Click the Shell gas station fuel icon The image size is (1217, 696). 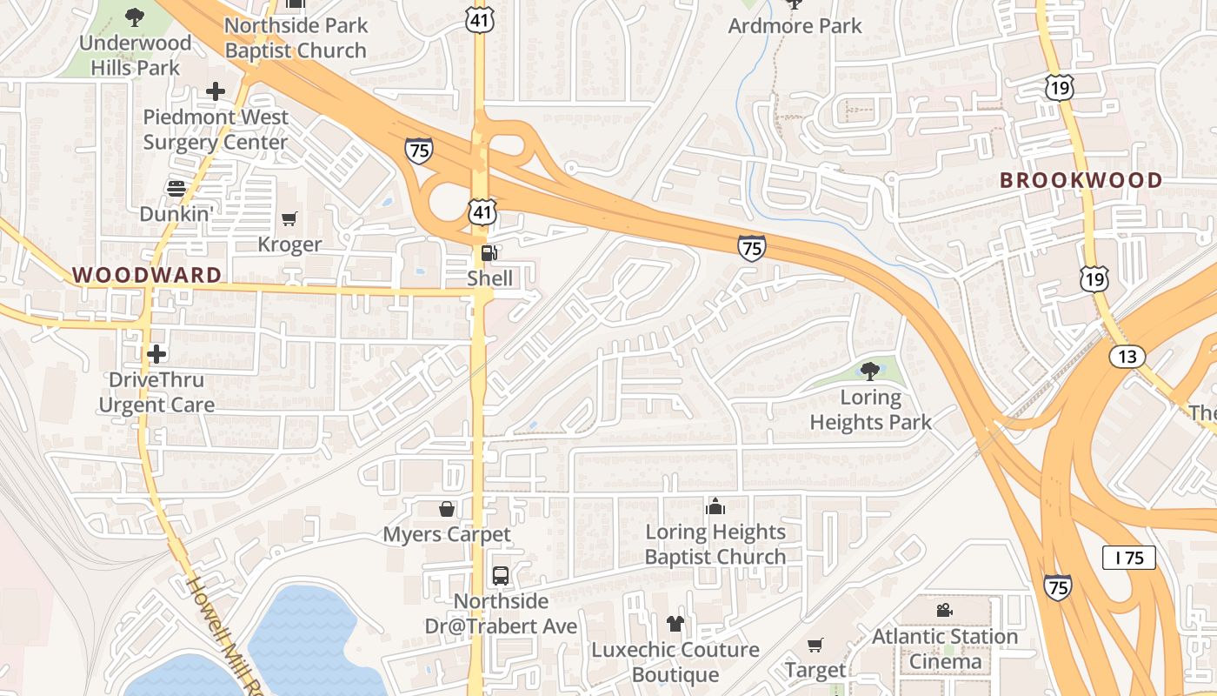coord(489,253)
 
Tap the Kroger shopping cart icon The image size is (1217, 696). coord(289,219)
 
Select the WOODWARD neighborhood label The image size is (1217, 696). coord(147,275)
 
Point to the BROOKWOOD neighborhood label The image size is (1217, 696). coord(1081,180)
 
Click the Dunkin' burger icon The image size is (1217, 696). coord(176,188)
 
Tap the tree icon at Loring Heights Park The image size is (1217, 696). coord(869,371)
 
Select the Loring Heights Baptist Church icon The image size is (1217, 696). coord(715,506)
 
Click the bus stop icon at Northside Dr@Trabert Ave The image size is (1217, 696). coord(501,575)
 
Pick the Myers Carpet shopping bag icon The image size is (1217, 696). coord(447,508)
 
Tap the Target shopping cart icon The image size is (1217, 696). coord(815,645)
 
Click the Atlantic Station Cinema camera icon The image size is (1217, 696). coord(944,611)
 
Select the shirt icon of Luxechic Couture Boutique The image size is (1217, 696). coord(675,624)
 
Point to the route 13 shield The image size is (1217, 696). coord(1127,356)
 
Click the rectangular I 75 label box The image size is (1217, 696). coord(1128,558)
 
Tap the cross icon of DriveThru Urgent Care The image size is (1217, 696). coord(156,354)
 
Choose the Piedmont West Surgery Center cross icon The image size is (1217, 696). coord(215,90)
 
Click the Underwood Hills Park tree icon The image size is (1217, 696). coord(135,16)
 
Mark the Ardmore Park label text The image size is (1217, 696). coord(795,26)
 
